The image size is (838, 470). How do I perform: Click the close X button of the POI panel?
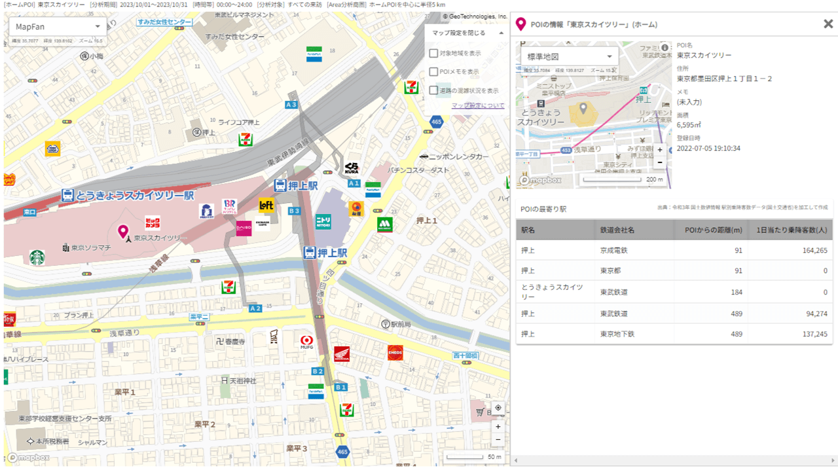tap(828, 24)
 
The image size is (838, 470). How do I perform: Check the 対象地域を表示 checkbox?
tap(433, 53)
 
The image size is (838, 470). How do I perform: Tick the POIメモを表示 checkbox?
tap(433, 71)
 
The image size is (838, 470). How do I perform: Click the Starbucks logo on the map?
tap(37, 258)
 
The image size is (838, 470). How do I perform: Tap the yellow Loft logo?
tap(266, 205)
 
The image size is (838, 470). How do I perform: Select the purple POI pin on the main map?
tap(122, 232)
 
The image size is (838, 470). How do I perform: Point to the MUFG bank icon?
tap(306, 340)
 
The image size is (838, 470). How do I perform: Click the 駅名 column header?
tap(528, 230)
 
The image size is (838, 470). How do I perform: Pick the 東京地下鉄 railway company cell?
tap(617, 334)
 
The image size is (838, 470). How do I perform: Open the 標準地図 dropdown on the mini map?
tap(568, 57)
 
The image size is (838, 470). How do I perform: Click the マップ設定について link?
tap(478, 105)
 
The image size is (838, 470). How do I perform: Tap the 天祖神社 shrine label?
tap(242, 380)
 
